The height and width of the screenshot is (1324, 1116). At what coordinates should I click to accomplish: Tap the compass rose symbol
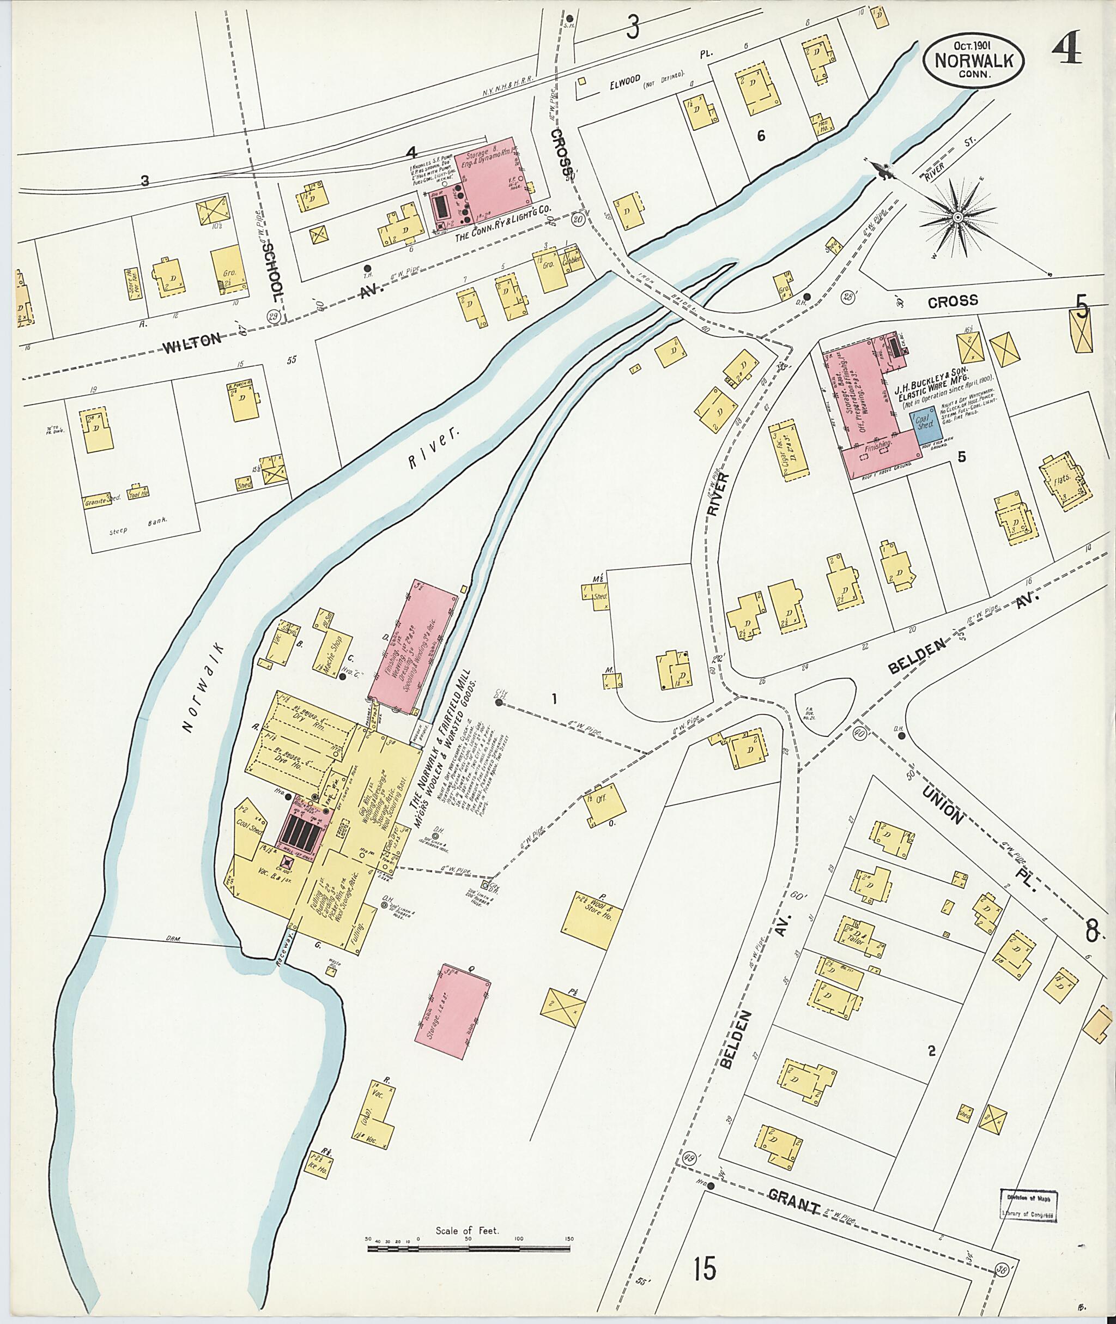(958, 217)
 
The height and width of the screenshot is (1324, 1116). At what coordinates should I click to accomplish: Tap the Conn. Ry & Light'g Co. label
(504, 236)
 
